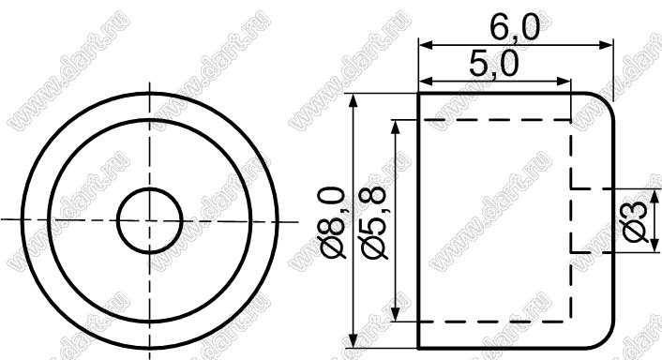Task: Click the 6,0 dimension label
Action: point(515,28)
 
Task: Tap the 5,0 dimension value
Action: point(493,65)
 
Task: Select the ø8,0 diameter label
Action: point(333,222)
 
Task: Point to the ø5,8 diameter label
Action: point(373,222)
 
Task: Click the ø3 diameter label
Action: point(636,221)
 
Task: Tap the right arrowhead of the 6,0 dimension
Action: point(607,45)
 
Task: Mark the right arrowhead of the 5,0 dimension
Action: point(564,82)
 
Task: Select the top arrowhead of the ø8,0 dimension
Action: point(354,100)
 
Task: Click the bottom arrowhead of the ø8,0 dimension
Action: point(354,341)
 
